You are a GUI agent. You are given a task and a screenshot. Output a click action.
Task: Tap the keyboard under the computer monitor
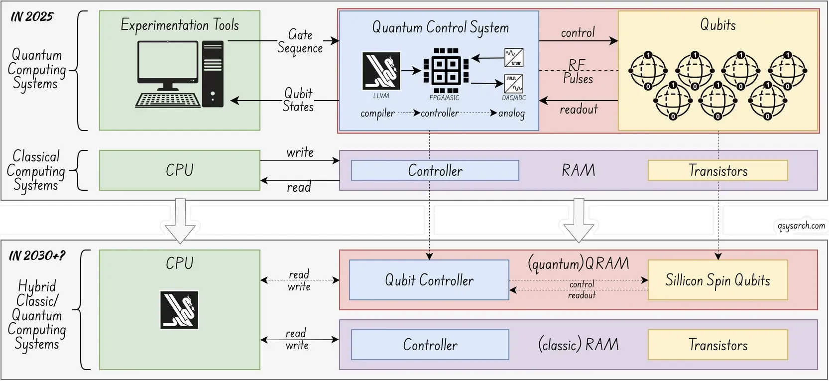pyautogui.click(x=168, y=100)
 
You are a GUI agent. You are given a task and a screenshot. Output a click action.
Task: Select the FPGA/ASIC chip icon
pyautogui.click(x=446, y=70)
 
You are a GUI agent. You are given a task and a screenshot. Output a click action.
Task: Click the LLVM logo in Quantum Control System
pyautogui.click(x=381, y=71)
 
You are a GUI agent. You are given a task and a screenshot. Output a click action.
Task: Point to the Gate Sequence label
pyautogui.click(x=300, y=41)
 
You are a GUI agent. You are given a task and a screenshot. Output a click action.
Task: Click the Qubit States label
pyautogui.click(x=298, y=100)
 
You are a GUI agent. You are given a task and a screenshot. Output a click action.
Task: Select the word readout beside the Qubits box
pyautogui.click(x=579, y=109)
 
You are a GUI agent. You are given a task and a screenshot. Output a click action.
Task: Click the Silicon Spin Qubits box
pyautogui.click(x=717, y=280)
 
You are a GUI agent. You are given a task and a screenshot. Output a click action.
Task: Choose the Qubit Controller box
pyautogui.click(x=429, y=280)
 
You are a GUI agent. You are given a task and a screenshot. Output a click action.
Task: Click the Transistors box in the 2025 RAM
pyautogui.click(x=717, y=171)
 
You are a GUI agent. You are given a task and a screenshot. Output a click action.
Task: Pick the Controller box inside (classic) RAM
pyautogui.click(x=430, y=345)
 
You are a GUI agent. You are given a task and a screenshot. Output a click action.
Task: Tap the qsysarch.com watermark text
pyautogui.click(x=801, y=226)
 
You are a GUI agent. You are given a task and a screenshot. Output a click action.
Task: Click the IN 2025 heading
pyautogui.click(x=32, y=17)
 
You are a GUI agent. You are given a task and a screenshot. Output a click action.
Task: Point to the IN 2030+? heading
pyautogui.click(x=37, y=256)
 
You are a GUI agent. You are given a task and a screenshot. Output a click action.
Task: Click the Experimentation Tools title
pyautogui.click(x=180, y=25)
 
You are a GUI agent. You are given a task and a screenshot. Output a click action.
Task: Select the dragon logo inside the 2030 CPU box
pyautogui.click(x=179, y=310)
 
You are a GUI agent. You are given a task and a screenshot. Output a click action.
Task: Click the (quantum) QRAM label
pyautogui.click(x=579, y=263)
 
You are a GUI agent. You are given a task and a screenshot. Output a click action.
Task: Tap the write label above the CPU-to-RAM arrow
pyautogui.click(x=300, y=152)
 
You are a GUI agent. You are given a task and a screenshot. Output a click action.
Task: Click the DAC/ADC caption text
pyautogui.click(x=514, y=98)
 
